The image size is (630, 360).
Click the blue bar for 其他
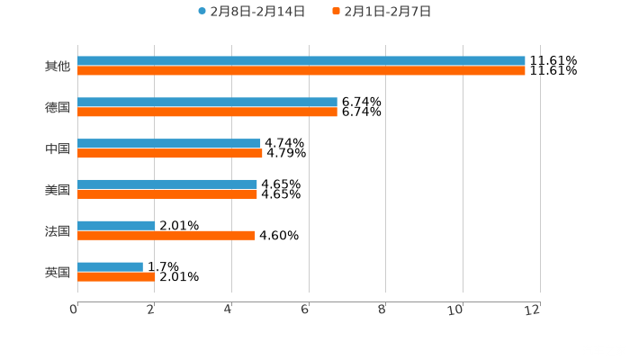301,61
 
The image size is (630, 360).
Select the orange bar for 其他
301,71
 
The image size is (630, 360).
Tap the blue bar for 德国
207,103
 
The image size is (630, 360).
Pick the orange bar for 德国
207,112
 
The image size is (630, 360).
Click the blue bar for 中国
169,143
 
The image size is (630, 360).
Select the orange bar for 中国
170,153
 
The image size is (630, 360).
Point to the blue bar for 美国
167,184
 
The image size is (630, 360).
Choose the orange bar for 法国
166,236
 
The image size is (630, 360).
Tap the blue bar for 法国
116,226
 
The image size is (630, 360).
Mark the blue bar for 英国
110,266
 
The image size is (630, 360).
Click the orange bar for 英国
116,277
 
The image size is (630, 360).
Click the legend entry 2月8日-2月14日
251,12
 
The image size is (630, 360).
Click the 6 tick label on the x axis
306,310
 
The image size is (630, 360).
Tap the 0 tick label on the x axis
74,310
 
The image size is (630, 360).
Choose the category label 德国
58,107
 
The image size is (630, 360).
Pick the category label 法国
58,231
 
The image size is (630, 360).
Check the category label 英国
58,272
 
